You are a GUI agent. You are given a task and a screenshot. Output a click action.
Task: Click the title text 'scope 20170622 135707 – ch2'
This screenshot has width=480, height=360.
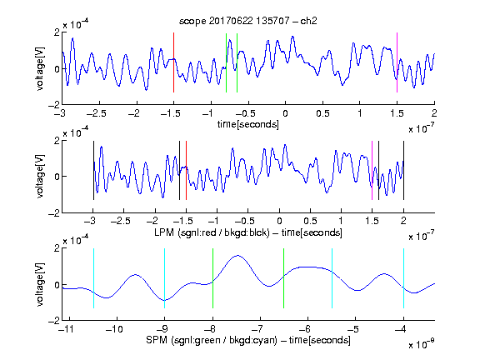[248, 21]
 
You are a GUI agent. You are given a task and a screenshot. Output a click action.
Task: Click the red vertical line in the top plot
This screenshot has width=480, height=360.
[173, 62]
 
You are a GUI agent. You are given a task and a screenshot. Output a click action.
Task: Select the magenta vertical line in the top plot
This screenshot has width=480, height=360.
[397, 62]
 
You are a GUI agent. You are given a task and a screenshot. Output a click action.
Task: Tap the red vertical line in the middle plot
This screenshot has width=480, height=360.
[186, 171]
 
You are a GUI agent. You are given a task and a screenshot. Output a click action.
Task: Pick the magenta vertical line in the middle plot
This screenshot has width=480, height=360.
[372, 171]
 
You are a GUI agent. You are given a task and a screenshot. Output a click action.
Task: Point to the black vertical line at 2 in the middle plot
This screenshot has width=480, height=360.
[403, 171]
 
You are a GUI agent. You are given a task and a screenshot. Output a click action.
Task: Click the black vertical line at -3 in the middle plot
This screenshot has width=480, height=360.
[93, 171]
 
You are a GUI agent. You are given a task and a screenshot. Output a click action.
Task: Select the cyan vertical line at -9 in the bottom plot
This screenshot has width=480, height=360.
[165, 278]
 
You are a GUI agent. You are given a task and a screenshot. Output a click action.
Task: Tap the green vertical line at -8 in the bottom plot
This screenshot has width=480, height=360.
[212, 278]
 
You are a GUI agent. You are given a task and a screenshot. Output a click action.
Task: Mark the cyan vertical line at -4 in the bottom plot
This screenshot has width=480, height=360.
[403, 278]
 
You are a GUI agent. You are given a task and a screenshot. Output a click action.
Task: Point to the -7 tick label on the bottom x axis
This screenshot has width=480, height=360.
[257, 329]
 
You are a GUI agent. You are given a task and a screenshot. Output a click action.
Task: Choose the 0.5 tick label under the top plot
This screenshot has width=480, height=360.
[322, 113]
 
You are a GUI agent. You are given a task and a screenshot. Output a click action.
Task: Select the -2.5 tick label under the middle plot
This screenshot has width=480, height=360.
[120, 221]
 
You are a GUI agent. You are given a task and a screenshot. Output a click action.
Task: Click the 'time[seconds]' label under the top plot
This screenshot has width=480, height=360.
[248, 124]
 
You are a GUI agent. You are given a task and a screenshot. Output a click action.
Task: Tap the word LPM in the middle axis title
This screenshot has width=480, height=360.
[164, 232]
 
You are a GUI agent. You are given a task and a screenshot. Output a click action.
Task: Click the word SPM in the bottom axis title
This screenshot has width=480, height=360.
[157, 340]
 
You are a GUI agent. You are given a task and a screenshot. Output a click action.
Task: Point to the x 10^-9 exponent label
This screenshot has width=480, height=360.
[422, 344]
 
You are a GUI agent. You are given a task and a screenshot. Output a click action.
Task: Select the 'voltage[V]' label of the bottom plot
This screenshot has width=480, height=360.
[40, 284]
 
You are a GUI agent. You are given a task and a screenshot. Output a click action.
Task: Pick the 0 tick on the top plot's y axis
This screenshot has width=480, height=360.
[57, 69]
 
